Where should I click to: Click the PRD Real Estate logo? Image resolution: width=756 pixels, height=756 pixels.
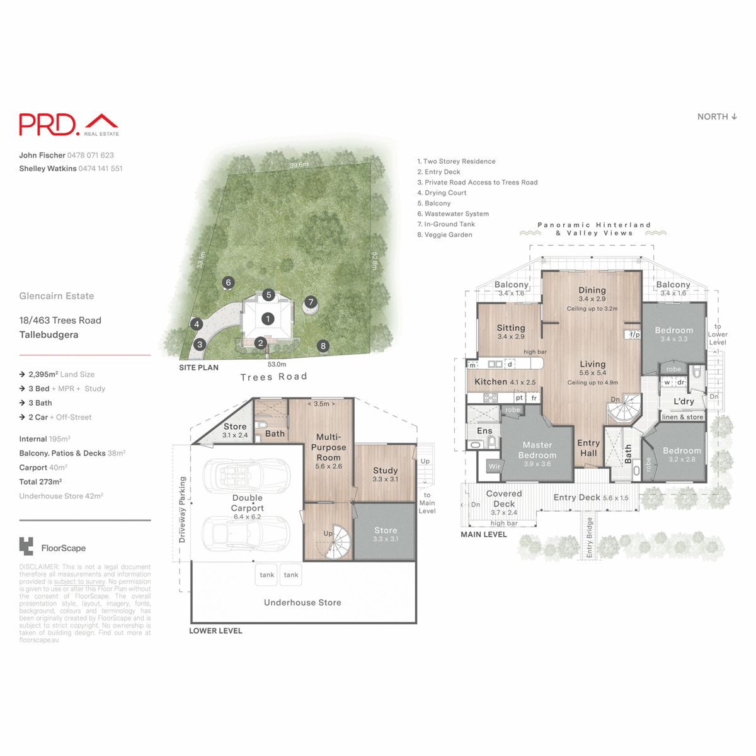(x=69, y=125)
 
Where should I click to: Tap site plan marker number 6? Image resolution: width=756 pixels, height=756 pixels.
(x=229, y=283)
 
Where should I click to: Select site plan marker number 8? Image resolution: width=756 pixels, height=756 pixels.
(x=323, y=346)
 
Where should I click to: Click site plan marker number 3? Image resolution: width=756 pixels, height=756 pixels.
(x=200, y=345)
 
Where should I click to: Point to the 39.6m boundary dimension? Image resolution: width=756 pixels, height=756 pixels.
(x=299, y=165)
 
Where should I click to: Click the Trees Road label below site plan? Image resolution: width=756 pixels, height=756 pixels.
(x=274, y=377)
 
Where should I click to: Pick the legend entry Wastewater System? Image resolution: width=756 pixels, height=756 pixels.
(x=453, y=214)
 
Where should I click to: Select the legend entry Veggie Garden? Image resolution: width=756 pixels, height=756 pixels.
(x=445, y=235)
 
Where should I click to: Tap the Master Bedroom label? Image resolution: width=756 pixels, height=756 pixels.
(x=537, y=450)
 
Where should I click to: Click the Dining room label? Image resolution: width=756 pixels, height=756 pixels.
(x=592, y=290)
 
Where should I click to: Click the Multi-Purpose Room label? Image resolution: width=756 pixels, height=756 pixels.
(x=328, y=447)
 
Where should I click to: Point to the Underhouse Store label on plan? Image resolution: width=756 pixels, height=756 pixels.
(x=302, y=602)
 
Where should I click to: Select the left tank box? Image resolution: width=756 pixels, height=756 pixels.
(x=267, y=575)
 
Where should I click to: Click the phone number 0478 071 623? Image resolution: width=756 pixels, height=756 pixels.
(x=91, y=155)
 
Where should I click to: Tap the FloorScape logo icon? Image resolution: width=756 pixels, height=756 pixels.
(x=26, y=547)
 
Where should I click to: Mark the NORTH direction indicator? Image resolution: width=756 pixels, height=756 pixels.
(x=717, y=117)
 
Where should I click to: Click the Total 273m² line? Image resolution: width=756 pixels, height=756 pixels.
(x=40, y=482)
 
